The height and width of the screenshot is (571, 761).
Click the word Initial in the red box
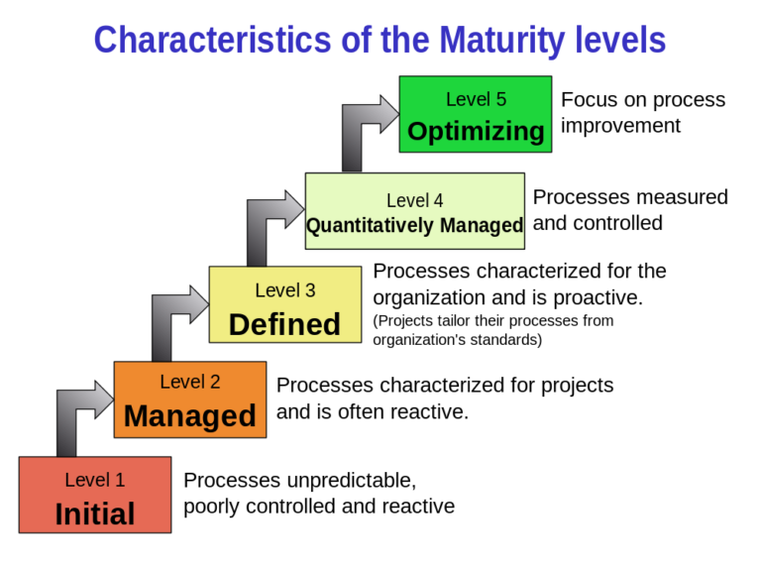coord(95,514)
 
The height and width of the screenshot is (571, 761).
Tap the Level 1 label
coord(95,480)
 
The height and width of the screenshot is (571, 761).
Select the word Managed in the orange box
coord(190,415)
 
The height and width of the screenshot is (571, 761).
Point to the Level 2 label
coord(190,382)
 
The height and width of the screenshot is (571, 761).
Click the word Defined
coord(284,324)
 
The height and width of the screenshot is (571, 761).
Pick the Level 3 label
coord(284,290)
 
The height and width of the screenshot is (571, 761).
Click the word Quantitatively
coord(370,226)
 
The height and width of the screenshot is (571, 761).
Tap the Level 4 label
coord(414,200)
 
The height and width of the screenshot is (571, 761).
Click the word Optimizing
coord(476,131)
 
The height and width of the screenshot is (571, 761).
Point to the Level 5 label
coord(476,99)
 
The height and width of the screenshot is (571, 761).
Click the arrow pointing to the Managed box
coord(79,416)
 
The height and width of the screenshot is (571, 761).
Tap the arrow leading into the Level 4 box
coord(270,224)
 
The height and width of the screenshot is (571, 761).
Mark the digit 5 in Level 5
coord(500,99)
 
